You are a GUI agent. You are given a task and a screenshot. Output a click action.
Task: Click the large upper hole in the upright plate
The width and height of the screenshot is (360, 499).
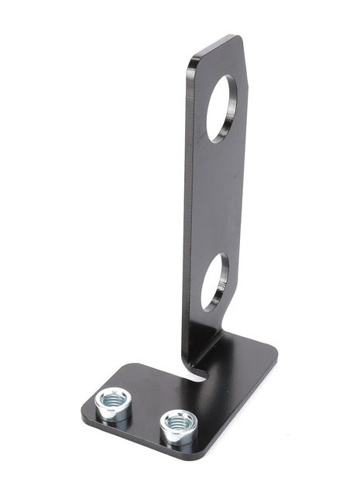pos(225,108)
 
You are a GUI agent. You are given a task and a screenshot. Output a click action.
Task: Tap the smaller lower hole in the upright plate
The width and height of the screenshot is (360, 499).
pos(214,282)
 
